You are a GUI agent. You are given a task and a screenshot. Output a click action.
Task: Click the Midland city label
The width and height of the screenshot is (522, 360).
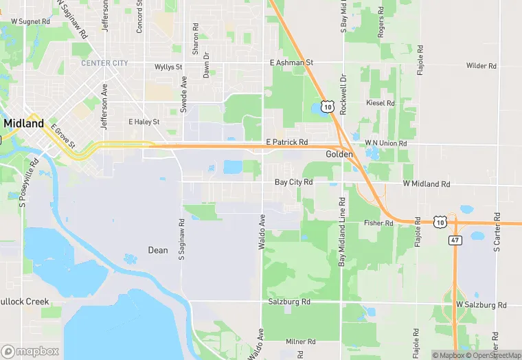(24, 123)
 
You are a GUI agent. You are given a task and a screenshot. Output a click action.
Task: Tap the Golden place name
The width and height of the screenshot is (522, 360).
(339, 155)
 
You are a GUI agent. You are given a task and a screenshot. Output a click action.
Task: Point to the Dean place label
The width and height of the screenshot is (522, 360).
(158, 250)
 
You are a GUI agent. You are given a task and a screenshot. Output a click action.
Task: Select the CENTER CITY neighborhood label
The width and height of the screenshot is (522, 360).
(104, 63)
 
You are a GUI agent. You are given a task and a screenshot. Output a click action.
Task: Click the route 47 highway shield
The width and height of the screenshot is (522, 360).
(455, 240)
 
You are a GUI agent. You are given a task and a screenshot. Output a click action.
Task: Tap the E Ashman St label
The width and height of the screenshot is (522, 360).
(291, 63)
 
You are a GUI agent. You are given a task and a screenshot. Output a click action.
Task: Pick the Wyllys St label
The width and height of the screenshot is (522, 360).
(168, 67)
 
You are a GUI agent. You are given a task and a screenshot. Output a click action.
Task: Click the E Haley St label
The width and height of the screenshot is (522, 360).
(144, 122)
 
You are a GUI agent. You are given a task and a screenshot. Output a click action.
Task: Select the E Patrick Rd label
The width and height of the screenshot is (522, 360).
(286, 142)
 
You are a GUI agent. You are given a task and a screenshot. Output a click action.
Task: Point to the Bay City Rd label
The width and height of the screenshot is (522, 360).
(293, 183)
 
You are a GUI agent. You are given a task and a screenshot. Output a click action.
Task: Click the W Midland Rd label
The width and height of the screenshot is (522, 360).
(426, 184)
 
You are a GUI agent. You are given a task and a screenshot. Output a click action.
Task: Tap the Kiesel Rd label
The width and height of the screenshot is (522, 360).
(381, 103)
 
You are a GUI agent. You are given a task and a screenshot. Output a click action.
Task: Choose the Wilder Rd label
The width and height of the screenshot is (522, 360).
(481, 66)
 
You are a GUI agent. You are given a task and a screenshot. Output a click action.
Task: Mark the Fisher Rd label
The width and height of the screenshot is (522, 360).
(378, 223)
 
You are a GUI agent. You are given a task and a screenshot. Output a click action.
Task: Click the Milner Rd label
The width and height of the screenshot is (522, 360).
(300, 341)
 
